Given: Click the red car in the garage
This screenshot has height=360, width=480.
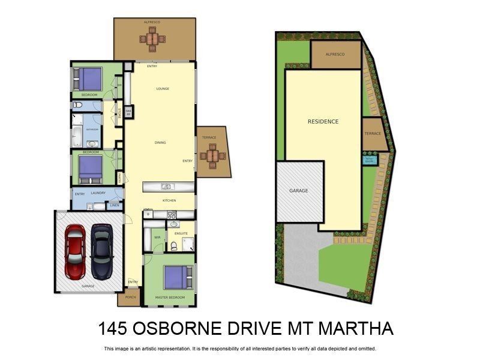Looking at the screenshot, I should tap(76, 251).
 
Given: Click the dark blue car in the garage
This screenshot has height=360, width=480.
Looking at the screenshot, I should tap(101, 251).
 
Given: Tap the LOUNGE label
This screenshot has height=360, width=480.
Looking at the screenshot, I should tap(163, 89).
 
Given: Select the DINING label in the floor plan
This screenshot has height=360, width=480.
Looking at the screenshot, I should tap(160, 143).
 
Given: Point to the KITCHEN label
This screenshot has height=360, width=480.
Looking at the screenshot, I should tap(169, 200).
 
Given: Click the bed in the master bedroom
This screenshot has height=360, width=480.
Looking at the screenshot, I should tap(178, 277).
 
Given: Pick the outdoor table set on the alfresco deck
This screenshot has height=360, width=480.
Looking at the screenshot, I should tap(152, 39).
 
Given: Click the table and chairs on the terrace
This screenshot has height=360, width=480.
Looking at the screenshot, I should tap(211, 156).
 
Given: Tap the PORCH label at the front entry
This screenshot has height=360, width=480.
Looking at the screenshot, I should tap(130, 297).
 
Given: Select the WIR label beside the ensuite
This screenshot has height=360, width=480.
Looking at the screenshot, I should tap(157, 238).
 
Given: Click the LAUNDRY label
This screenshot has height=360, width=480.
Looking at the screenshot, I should tap(98, 193).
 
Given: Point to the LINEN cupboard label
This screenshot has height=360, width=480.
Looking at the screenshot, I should tap(115, 206).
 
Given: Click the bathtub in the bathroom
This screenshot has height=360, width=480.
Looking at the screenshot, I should tap(77, 136).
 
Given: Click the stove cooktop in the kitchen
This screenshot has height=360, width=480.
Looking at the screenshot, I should tap(172, 215).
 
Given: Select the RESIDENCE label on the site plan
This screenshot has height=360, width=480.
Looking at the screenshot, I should tap(323, 122).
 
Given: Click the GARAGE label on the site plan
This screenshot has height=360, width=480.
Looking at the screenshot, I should tap(299, 191).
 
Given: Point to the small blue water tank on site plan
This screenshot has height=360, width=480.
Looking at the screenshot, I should tap(369, 160).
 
